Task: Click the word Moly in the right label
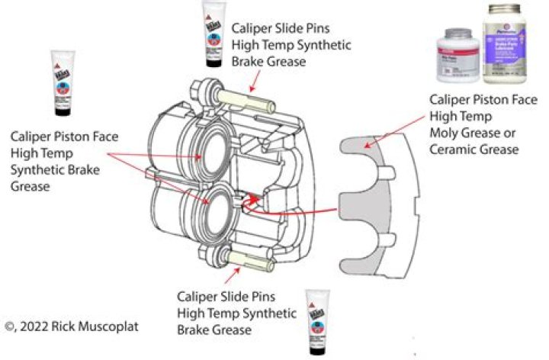447,133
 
